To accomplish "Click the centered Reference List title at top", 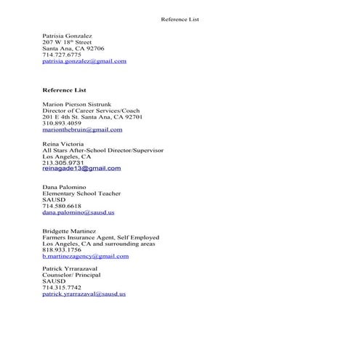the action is [x=180, y=19].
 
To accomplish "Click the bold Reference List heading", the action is [x=65, y=89].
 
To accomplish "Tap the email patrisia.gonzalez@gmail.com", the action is [x=84, y=61].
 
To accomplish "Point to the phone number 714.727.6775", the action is [x=62, y=55].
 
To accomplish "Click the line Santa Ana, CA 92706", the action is [x=73, y=48].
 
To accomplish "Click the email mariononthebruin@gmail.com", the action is [x=82, y=129].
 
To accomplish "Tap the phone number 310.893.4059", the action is [x=62, y=123].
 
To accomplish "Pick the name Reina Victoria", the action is [x=64, y=144].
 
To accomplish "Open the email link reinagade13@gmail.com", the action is [x=81, y=168].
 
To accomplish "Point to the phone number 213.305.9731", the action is [x=62, y=162].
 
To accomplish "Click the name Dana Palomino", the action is [x=66, y=187].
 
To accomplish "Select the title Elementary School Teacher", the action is [x=81, y=193].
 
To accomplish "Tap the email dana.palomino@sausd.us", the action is [x=79, y=212].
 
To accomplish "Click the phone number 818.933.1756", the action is [x=62, y=249].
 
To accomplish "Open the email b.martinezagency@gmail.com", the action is [x=86, y=256].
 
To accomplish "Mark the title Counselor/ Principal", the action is [x=71, y=275].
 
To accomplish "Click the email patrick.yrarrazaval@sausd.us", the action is [x=84, y=294].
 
